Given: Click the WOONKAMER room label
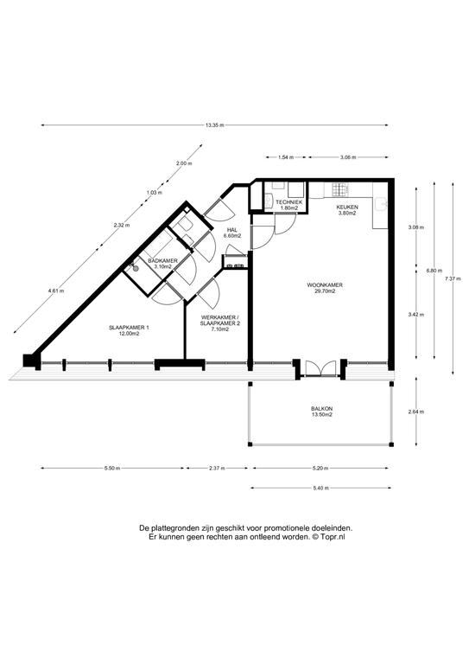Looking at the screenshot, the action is click(325, 285).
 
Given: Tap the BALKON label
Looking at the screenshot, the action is click(322, 409).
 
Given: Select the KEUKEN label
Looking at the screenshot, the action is click(347, 207).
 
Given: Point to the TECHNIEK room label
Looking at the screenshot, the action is click(289, 202).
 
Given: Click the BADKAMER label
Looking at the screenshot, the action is click(163, 261).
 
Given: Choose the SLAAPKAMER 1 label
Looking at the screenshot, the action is click(129, 328).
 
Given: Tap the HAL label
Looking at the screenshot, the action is click(231, 230).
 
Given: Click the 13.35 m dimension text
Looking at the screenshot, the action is click(214, 124).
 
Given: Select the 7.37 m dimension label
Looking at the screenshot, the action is click(453, 278).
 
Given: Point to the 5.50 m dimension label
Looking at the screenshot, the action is click(112, 468).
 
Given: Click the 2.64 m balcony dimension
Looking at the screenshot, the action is click(416, 412).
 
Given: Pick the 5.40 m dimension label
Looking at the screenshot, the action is click(321, 488).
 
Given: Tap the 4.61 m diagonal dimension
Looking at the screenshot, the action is click(56, 290).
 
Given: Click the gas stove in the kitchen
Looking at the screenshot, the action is click(339, 188).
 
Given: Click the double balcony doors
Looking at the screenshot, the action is click(320, 367).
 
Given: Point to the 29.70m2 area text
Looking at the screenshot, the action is click(325, 290).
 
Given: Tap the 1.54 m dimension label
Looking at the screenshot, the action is click(286, 157).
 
